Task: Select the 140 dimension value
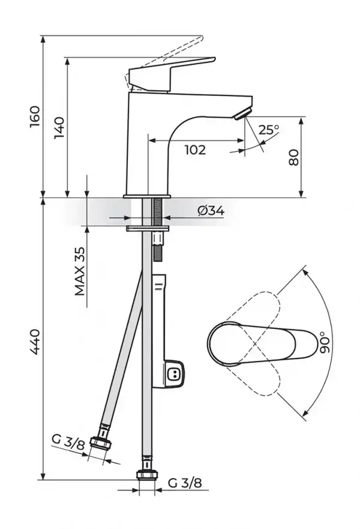click(59, 128)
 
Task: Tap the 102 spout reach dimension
click(194, 150)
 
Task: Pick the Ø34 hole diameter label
click(211, 211)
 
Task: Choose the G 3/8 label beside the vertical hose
click(181, 482)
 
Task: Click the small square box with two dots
click(175, 374)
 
